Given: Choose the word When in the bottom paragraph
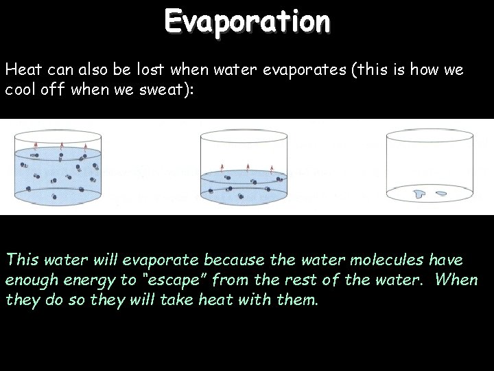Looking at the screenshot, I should click(x=456, y=282).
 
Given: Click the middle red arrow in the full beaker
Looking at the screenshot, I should click(x=62, y=144).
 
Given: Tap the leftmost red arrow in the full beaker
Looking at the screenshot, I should click(x=37, y=145).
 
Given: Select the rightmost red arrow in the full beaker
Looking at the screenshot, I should click(x=85, y=145).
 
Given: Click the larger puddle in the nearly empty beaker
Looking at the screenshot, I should click(x=419, y=195).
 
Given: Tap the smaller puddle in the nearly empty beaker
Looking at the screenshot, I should click(x=441, y=193).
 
